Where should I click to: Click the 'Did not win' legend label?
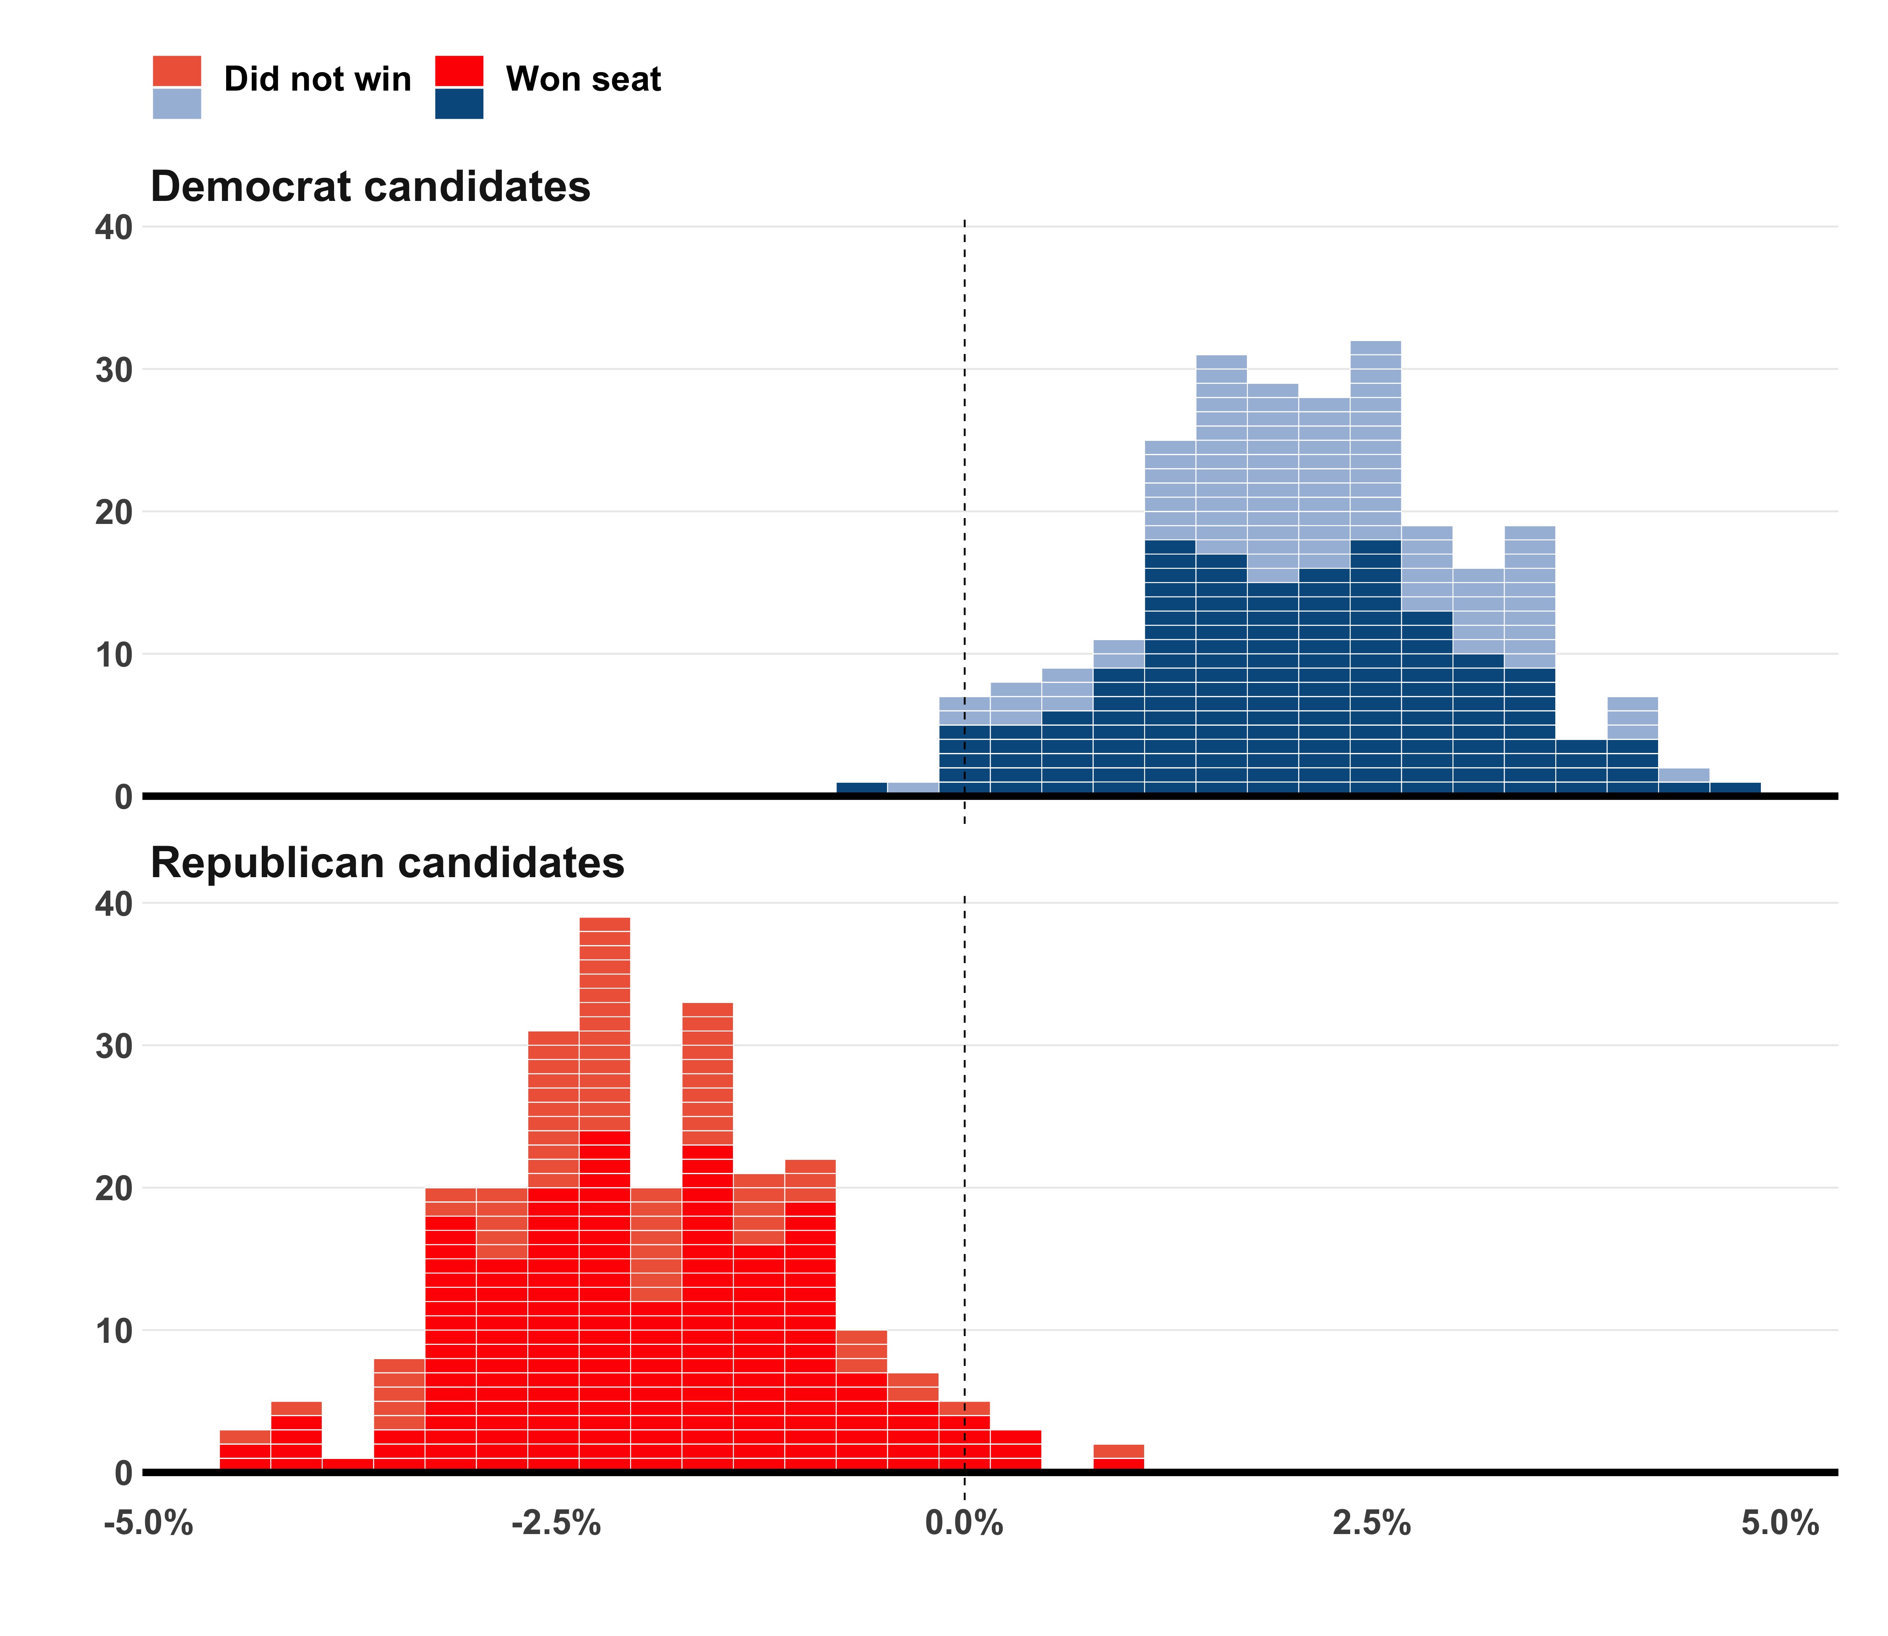[x=317, y=79]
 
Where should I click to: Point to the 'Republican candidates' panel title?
[x=387, y=863]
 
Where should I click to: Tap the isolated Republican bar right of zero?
[x=1119, y=1458]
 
